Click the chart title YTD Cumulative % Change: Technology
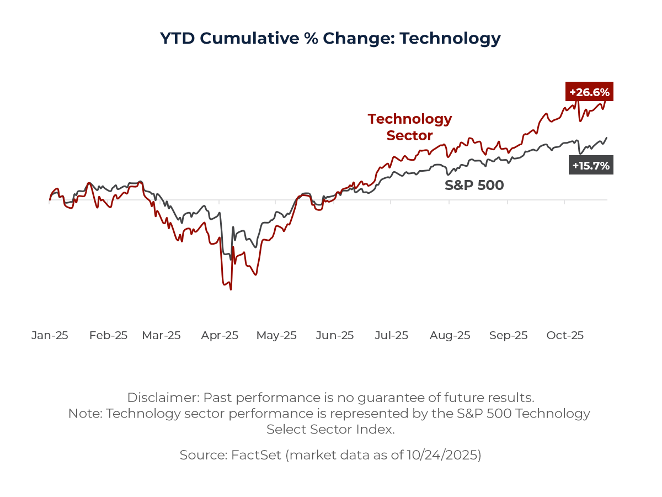coord(330,38)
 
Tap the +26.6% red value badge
coord(589,92)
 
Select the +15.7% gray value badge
coord(591,165)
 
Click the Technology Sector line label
coord(409,127)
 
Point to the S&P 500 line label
coord(474,186)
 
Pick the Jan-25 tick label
coord(50,335)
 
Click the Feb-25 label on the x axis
coord(108,335)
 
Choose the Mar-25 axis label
coord(161,335)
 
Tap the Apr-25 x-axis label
coord(220,335)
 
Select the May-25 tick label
coord(276,335)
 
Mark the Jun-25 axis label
coord(335,335)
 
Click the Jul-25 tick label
coord(391,335)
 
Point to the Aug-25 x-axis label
coord(450,335)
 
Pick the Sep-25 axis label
coord(508,335)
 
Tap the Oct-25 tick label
coord(565,335)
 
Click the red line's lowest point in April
coord(231,289)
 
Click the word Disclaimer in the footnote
coord(162,398)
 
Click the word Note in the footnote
coord(84,414)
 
